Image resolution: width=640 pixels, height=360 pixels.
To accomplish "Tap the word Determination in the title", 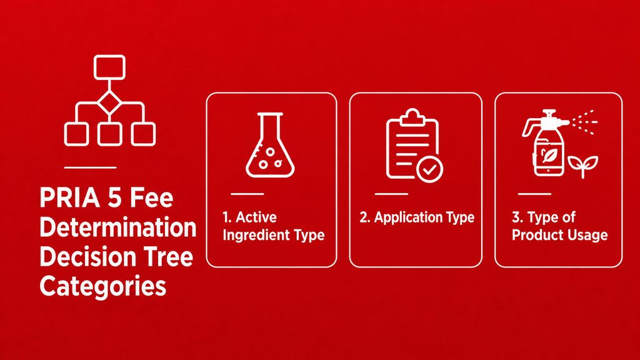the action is pos(118,227).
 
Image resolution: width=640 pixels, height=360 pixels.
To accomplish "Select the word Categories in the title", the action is pos(103,287).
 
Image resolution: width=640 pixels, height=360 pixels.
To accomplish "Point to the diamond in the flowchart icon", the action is pos(109,103).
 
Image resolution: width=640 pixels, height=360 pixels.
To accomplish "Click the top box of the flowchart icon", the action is pos(109,67).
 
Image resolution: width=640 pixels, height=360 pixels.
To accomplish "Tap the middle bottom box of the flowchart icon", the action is pos(109,134).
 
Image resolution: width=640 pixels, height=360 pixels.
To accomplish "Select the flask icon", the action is pos(270,145).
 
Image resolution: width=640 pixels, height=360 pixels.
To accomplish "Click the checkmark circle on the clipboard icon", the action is pos(429,169).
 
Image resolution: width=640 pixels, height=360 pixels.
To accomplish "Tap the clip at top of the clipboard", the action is pos(412,117).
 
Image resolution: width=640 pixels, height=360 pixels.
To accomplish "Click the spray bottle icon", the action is pos(546,143).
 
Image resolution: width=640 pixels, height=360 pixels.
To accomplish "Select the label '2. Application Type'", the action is pos(417,217).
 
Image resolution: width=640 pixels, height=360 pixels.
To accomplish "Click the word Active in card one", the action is pos(256,217).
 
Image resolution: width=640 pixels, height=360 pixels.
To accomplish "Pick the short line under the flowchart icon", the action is pos(90,167).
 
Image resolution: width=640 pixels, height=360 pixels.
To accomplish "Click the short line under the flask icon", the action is pos(247,194).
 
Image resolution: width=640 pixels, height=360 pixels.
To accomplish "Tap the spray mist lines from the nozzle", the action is pos(584,122).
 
